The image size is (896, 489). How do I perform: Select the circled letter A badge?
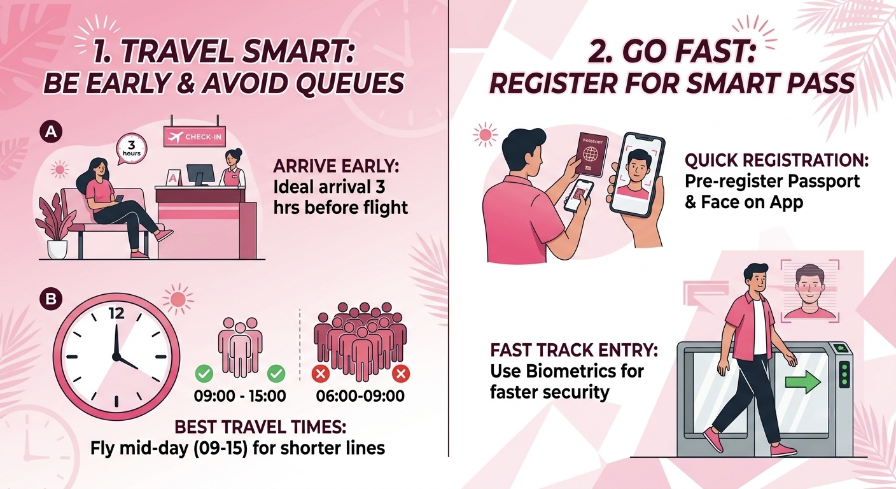click(51, 132)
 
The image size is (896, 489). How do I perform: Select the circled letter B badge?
click(51, 299)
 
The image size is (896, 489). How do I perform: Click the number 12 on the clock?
click(116, 314)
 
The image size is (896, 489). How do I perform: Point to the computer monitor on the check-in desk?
click(200, 174)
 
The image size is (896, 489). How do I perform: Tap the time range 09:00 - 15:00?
click(240, 396)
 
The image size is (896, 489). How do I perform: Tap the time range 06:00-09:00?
click(360, 396)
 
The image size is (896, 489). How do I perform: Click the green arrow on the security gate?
click(803, 382)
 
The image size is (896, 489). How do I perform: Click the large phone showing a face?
click(638, 175)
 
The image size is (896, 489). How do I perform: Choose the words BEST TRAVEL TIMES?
click(260, 427)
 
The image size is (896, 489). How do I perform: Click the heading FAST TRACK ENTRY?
click(574, 350)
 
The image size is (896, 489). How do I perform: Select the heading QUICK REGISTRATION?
click(776, 160)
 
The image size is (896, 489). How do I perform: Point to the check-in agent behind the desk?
click(232, 167)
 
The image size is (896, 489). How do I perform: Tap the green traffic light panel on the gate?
click(844, 374)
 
